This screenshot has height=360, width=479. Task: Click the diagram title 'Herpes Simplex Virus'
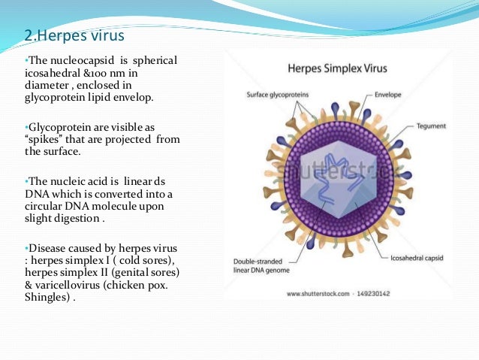tap(338, 68)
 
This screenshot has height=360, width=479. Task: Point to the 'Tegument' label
tap(431, 126)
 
